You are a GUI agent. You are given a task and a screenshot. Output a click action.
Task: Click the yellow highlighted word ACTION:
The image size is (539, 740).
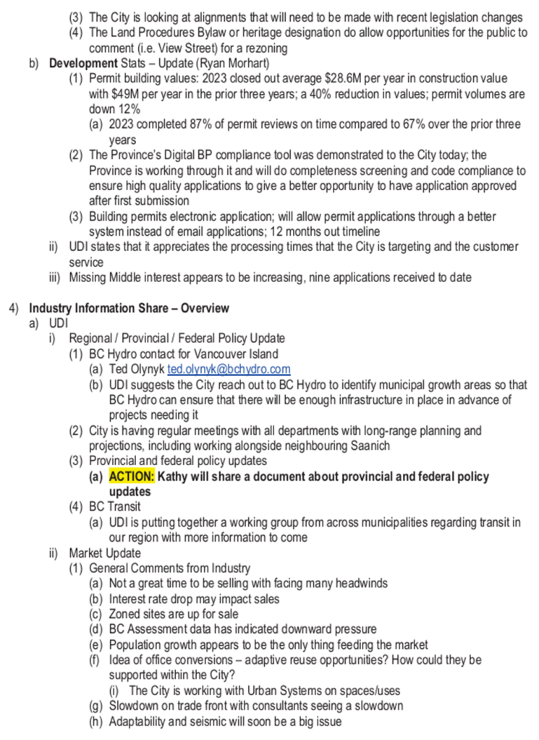132,477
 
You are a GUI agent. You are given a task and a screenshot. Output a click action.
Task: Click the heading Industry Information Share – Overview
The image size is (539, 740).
130,307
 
